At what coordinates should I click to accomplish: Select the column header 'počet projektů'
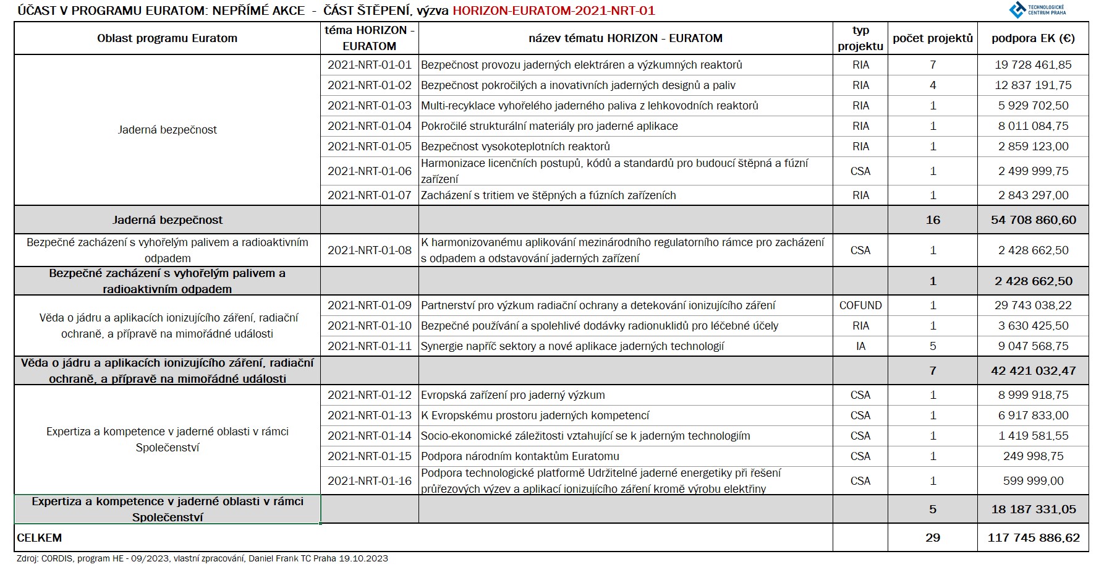[x=932, y=38]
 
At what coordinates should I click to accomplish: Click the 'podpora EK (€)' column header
[x=1033, y=38]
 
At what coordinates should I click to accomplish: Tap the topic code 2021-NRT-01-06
[x=369, y=171]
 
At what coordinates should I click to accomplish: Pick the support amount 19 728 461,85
[x=1033, y=65]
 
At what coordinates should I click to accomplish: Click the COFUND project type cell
[x=860, y=305]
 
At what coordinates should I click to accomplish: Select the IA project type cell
[x=860, y=346]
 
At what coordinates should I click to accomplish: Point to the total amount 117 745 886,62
[x=1033, y=538]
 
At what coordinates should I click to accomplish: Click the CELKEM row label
[x=40, y=538]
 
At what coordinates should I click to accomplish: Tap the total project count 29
[x=932, y=538]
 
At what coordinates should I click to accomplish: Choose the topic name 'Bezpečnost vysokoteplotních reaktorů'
[x=515, y=147]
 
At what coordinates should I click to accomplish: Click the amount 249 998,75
[x=1033, y=456]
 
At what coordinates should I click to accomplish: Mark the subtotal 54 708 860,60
[x=1033, y=220]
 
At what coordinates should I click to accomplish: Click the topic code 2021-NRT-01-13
[x=369, y=416]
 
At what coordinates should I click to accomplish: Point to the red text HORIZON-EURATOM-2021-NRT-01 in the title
[x=553, y=11]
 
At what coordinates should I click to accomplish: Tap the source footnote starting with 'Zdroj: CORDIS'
[x=202, y=558]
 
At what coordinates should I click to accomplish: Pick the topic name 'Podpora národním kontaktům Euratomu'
[x=520, y=456]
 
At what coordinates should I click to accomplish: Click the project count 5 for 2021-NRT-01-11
[x=932, y=346]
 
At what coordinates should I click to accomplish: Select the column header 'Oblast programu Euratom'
[x=167, y=38]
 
